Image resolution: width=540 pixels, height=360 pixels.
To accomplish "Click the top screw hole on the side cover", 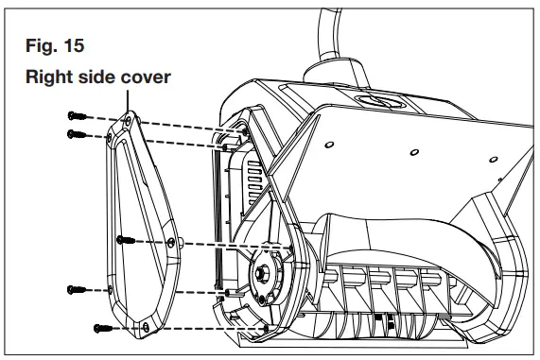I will click(127, 121).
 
